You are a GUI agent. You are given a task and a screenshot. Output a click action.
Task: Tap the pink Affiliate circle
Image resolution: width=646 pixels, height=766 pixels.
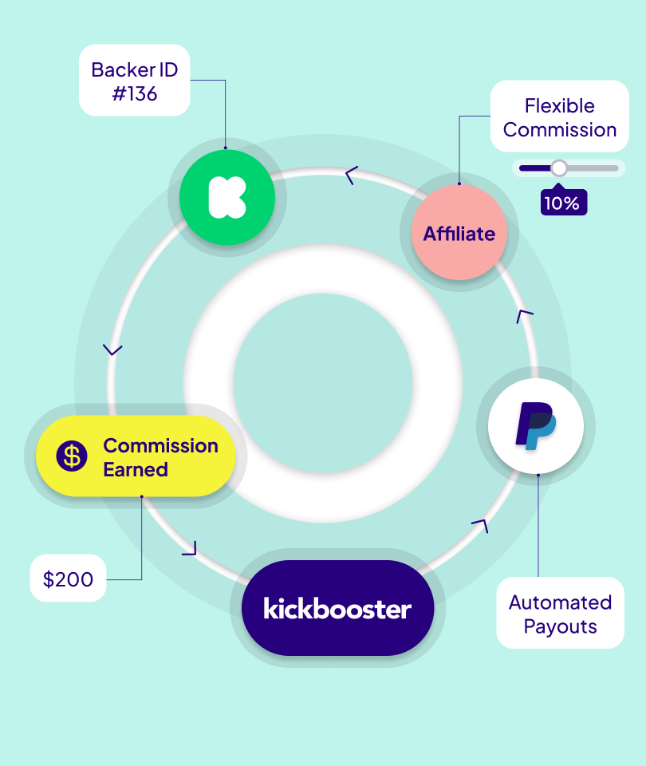pos(459,233)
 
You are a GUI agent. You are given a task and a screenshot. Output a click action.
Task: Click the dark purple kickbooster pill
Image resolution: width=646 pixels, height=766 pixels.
pos(337,609)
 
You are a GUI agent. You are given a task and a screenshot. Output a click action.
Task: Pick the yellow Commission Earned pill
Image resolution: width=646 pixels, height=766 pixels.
pos(136,456)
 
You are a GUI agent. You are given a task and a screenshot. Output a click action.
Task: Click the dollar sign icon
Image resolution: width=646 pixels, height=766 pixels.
pos(72,456)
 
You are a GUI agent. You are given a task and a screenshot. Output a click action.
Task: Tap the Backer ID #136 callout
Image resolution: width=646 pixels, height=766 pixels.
pos(134,81)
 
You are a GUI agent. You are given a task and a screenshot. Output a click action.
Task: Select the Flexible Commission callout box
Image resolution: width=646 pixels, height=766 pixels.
pos(559,116)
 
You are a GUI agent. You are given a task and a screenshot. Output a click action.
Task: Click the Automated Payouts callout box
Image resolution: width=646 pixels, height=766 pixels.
pos(560,613)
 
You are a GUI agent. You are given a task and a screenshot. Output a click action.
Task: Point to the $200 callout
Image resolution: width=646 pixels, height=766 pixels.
pos(68,578)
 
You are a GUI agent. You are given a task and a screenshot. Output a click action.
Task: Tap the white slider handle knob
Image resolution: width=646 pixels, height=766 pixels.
pos(559,168)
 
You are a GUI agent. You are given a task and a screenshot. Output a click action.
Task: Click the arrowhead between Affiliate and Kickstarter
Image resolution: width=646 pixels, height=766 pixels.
pos(351,175)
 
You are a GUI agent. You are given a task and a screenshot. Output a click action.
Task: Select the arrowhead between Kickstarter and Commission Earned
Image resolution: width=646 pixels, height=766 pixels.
pos(113,349)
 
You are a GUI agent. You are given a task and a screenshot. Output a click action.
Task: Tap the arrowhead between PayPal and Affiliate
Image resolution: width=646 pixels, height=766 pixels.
pos(524,315)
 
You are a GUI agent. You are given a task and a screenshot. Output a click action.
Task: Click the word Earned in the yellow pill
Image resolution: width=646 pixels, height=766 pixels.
pos(136,469)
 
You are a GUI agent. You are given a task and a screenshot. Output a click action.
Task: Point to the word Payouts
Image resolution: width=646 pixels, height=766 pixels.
pos(560,626)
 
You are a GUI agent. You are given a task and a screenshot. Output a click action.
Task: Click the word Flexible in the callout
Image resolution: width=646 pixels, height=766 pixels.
pos(559,105)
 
